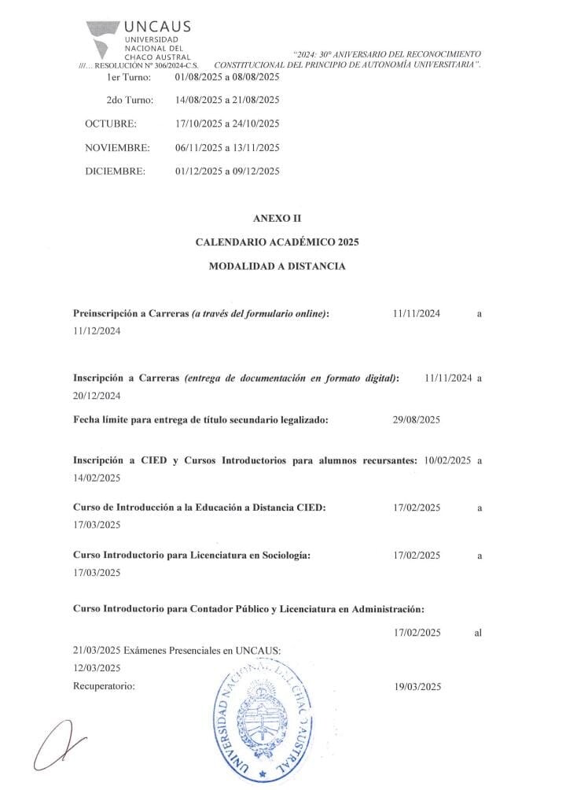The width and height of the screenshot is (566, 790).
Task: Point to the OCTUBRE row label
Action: tap(110, 124)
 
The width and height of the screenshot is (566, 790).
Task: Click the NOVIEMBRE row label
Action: tap(117, 147)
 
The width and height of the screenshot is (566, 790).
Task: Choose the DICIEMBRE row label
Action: tap(115, 171)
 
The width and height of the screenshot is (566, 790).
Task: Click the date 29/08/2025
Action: tap(417, 419)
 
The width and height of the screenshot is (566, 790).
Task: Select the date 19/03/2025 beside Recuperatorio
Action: tap(417, 686)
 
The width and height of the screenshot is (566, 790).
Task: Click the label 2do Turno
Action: tap(130, 100)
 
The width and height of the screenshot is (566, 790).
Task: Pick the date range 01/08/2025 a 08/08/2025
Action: tap(228, 77)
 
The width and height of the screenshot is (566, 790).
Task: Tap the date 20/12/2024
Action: tap(97, 395)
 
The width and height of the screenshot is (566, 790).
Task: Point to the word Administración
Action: tap(383, 608)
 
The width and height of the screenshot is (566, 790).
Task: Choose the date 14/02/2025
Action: tap(97, 478)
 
